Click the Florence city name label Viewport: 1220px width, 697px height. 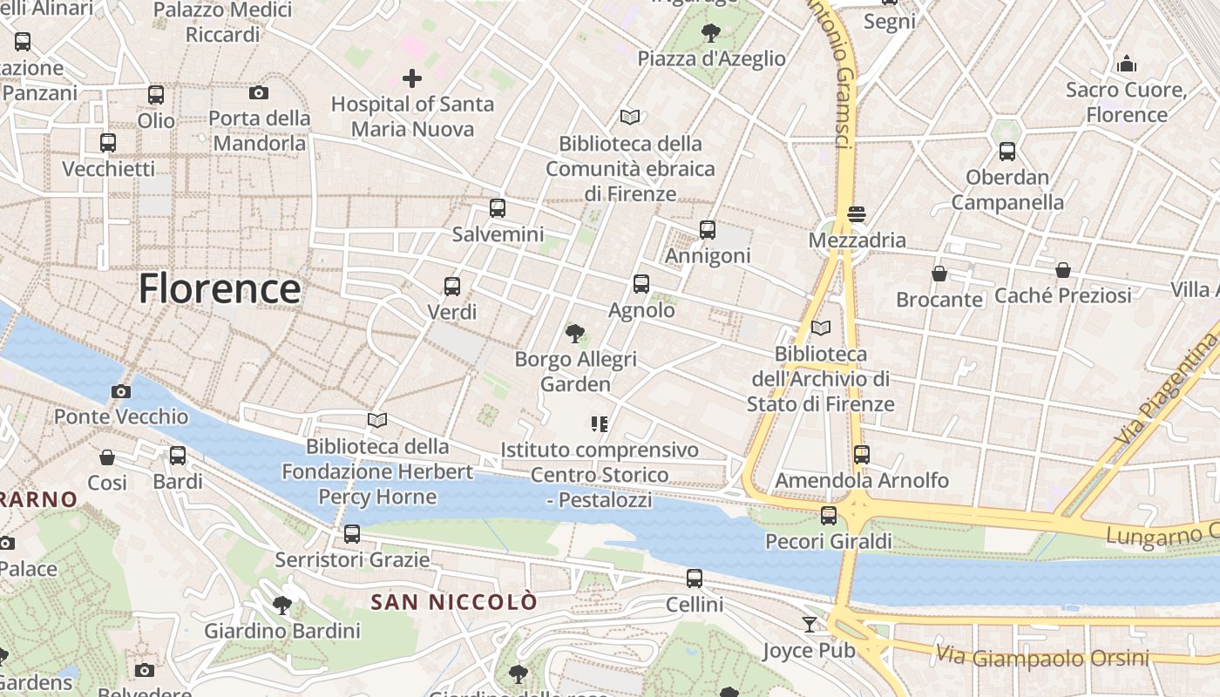click(220, 289)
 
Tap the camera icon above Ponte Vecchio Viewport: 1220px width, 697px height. click(121, 391)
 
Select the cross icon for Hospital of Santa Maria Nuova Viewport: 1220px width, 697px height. click(412, 78)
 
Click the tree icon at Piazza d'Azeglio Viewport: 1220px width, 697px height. click(711, 33)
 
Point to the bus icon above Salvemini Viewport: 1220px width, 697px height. click(498, 208)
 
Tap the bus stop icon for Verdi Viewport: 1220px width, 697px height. click(452, 286)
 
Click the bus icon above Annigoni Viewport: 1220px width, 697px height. click(708, 230)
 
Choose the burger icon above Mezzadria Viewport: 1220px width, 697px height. click(856, 214)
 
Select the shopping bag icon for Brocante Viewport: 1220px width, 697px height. click(939, 274)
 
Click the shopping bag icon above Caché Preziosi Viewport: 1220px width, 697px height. click(1063, 270)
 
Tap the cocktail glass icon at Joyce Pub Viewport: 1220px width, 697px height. click(810, 624)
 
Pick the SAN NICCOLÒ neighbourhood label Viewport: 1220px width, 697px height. click(454, 602)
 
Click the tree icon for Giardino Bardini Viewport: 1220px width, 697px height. click(281, 605)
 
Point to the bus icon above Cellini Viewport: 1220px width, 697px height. click(695, 578)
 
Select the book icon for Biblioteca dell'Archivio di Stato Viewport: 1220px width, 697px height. click(820, 328)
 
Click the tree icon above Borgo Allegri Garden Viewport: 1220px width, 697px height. click(575, 333)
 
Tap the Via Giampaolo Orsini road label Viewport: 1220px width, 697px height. click(1042, 656)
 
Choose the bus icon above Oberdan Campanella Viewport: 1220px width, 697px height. click(1007, 152)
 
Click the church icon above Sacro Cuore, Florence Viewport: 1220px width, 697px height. click(1127, 64)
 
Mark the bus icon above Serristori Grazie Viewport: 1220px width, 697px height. click(352, 533)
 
